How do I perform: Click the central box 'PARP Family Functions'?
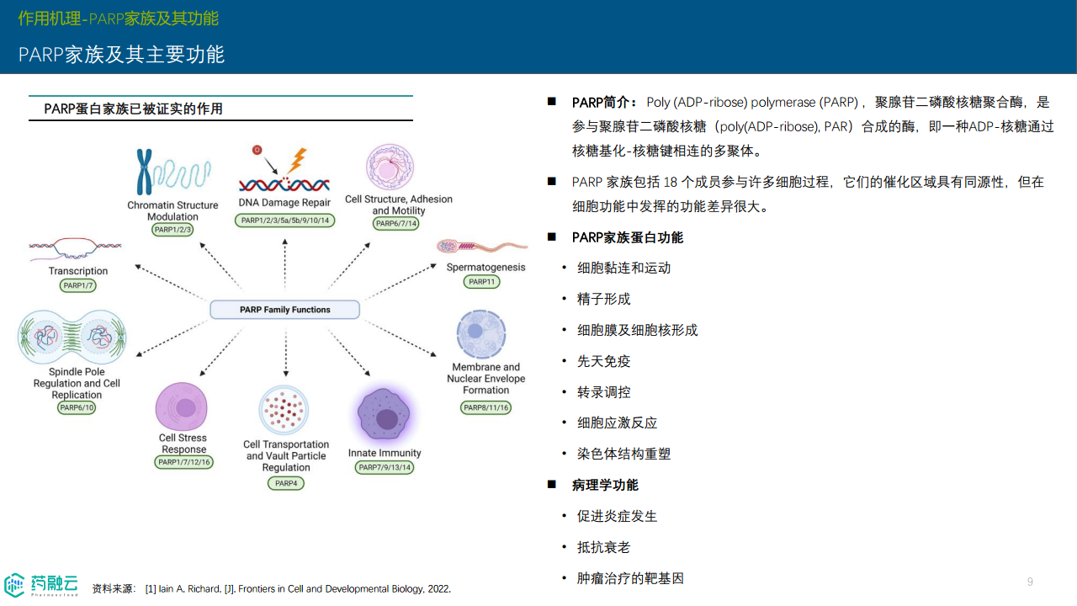point(284,310)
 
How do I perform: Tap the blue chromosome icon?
point(146,172)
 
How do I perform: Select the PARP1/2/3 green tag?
point(172,230)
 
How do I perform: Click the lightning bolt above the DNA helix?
point(296,160)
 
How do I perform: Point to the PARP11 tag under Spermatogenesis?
point(481,282)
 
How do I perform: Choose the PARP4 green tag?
point(285,483)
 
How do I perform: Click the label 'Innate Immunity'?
point(385,453)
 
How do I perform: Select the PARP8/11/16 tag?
point(485,407)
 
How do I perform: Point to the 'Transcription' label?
point(78,271)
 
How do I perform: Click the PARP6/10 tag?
point(77,407)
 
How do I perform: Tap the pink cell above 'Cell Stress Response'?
point(182,407)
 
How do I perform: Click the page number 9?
point(1030,582)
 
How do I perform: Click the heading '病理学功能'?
point(605,485)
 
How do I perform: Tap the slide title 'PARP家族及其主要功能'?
point(121,55)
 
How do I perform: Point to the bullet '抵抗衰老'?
point(603,547)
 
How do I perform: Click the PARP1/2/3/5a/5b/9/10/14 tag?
point(284,221)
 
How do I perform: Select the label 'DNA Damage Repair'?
point(284,203)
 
